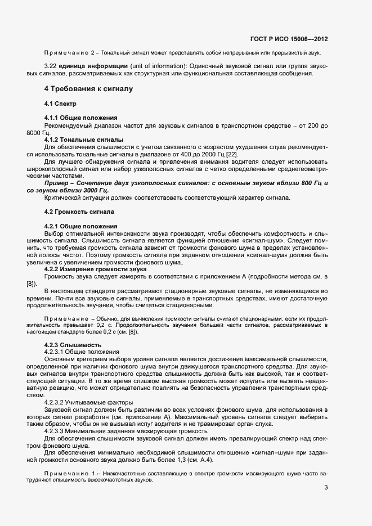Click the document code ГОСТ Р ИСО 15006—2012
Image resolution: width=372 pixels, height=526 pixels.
click(288, 39)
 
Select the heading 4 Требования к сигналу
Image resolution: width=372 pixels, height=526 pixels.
click(89, 89)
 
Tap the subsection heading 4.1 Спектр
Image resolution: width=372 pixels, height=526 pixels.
click(60, 105)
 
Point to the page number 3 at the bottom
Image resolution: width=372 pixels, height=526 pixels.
click(326, 487)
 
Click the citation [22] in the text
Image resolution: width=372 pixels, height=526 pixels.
click(231, 154)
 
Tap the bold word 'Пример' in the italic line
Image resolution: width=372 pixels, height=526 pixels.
click(56, 184)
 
